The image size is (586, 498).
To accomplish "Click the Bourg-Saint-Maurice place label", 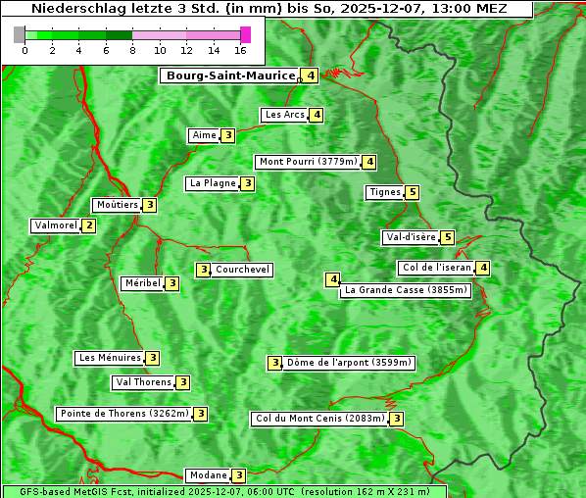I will click(x=230, y=75).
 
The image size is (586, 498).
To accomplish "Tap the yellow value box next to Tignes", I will click(x=413, y=192).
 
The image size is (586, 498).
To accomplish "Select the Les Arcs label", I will click(x=285, y=115).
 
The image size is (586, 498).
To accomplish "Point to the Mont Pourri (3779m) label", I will click(x=308, y=162).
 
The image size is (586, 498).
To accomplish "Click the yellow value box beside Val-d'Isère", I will click(x=448, y=237).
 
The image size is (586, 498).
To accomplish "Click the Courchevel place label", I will click(x=243, y=270).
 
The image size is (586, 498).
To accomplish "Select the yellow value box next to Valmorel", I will click(x=89, y=225).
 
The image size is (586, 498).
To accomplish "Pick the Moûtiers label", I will click(x=117, y=205).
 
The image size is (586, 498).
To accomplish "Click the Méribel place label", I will click(x=141, y=283).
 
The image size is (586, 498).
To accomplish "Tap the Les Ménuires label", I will click(x=110, y=358).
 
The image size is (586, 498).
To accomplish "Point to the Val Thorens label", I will click(x=143, y=382).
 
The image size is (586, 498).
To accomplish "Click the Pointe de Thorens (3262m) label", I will click(x=123, y=414).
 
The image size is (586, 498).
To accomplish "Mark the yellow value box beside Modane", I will click(x=238, y=475).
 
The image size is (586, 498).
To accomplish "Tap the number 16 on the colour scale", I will click(x=240, y=50).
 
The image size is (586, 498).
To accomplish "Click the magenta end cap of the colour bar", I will click(x=245, y=34).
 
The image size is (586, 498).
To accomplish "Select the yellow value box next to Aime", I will click(x=227, y=135).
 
